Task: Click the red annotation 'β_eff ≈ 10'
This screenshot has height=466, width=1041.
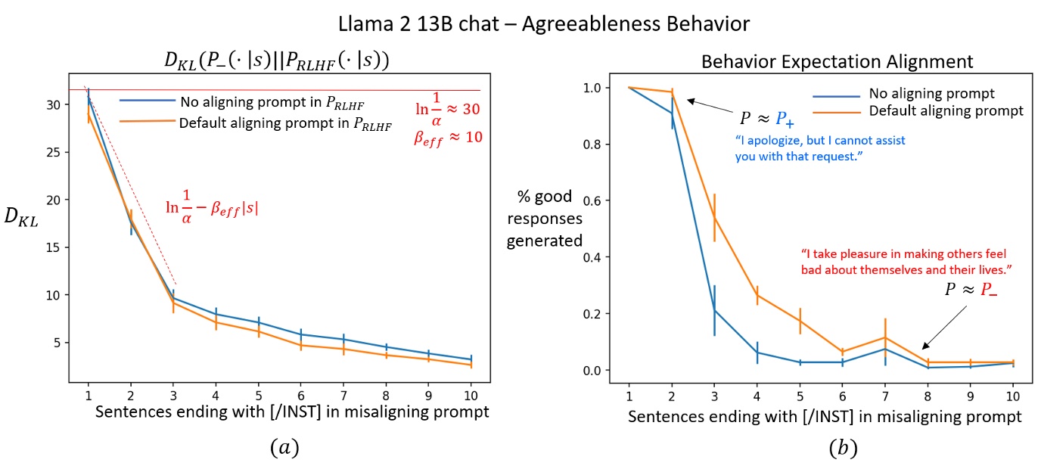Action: (x=447, y=138)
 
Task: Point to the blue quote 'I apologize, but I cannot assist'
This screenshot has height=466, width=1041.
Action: (x=820, y=141)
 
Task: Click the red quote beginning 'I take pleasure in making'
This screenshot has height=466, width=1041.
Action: (x=906, y=255)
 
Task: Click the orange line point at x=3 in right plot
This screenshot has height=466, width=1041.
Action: (x=715, y=217)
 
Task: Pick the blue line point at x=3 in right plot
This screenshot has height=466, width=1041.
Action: (x=715, y=310)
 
